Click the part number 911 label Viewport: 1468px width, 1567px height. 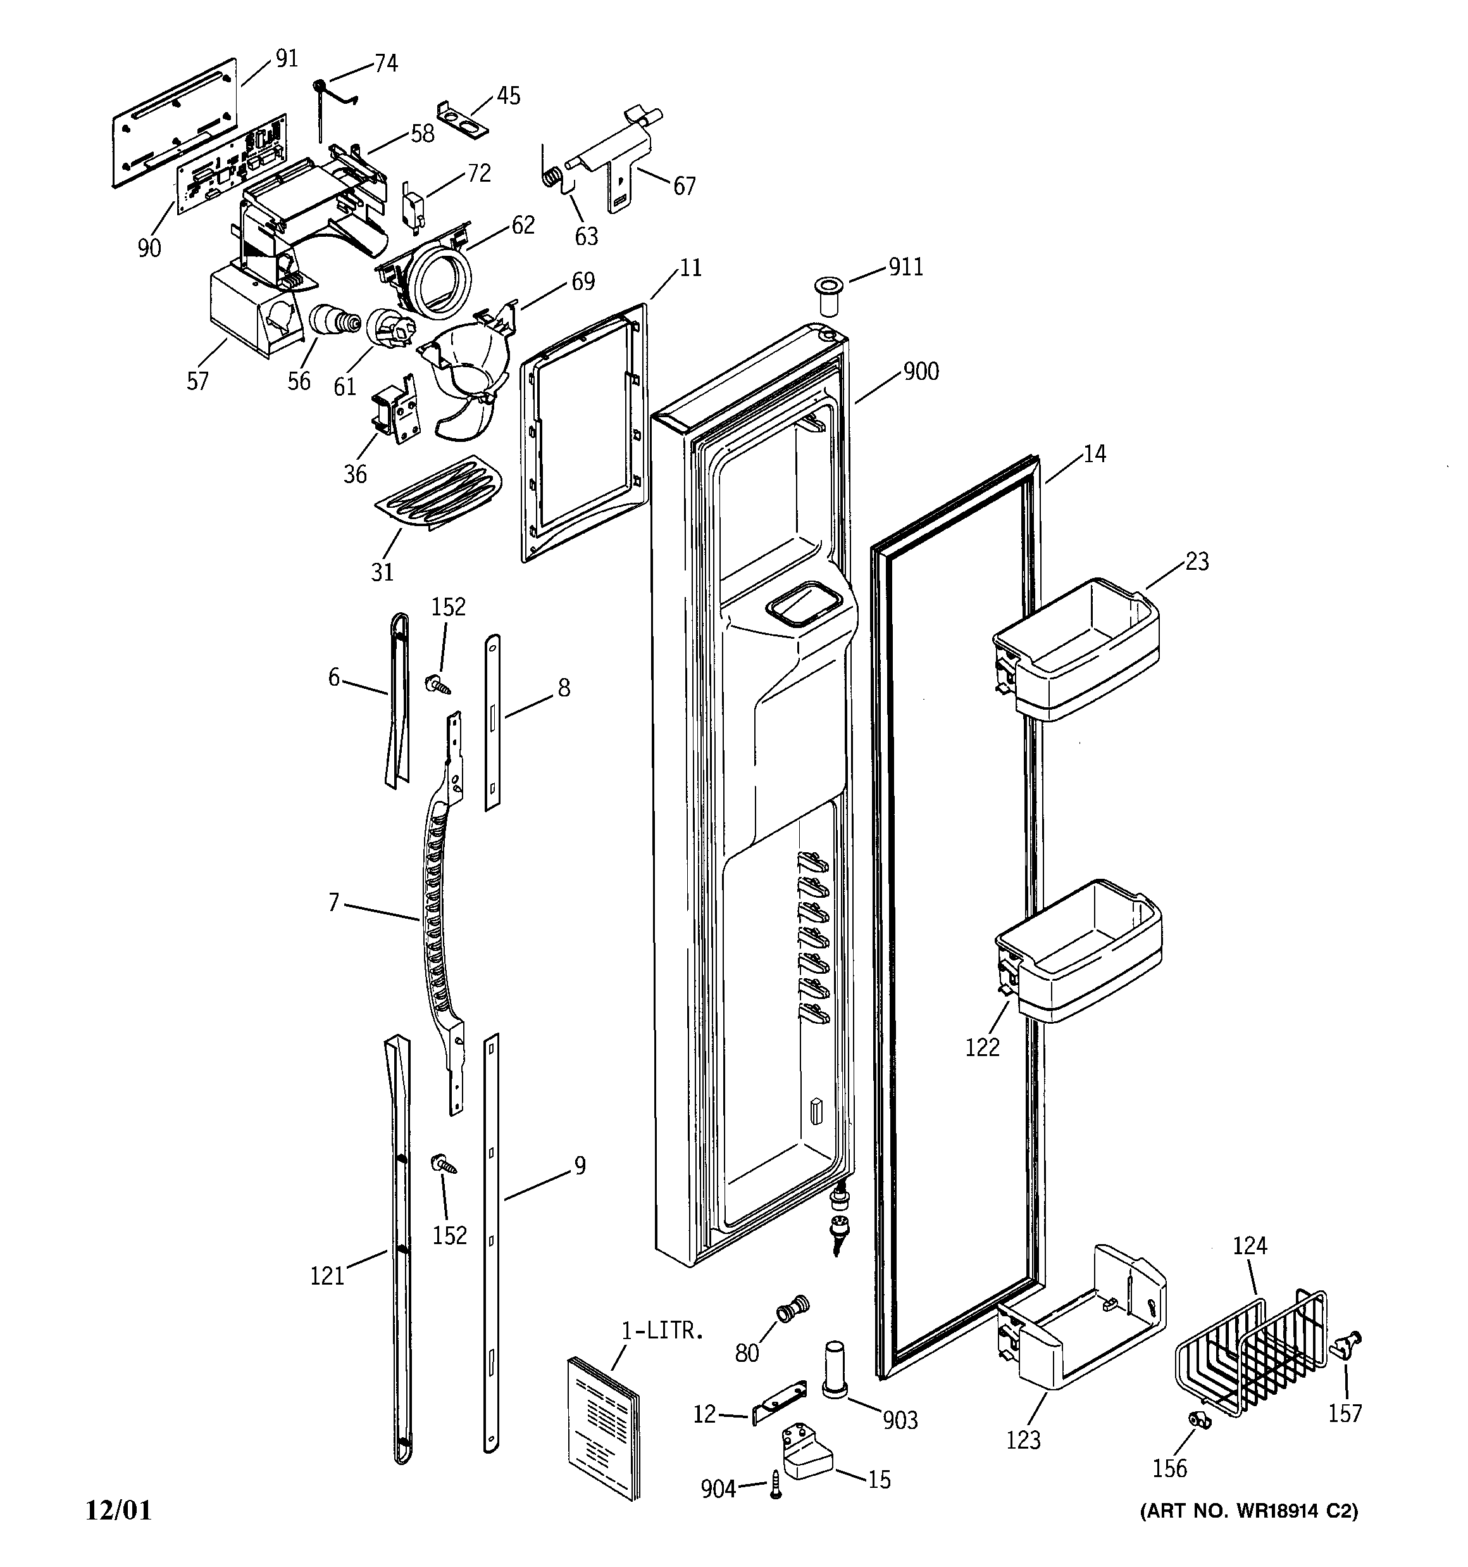(x=905, y=267)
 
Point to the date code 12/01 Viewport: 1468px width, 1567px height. (x=118, y=1510)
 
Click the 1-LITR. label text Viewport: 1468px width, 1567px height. (x=662, y=1331)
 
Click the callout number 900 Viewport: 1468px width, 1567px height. (x=921, y=371)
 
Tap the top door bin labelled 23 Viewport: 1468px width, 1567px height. (x=1076, y=650)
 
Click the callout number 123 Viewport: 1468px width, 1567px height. (x=1023, y=1440)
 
